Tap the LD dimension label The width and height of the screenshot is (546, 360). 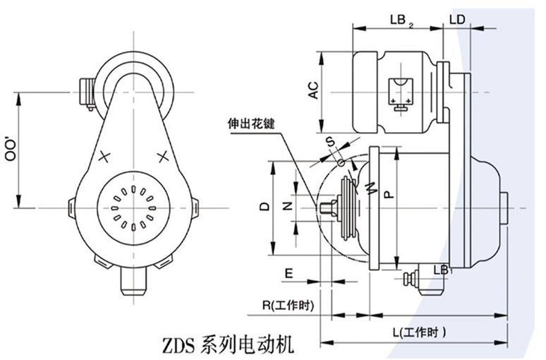pos(456,20)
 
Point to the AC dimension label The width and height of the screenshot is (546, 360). pos(314,90)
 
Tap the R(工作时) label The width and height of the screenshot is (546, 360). pos(286,305)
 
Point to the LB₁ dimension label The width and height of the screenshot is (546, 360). pos(442,270)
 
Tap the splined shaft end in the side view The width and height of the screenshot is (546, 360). pos(326,209)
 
